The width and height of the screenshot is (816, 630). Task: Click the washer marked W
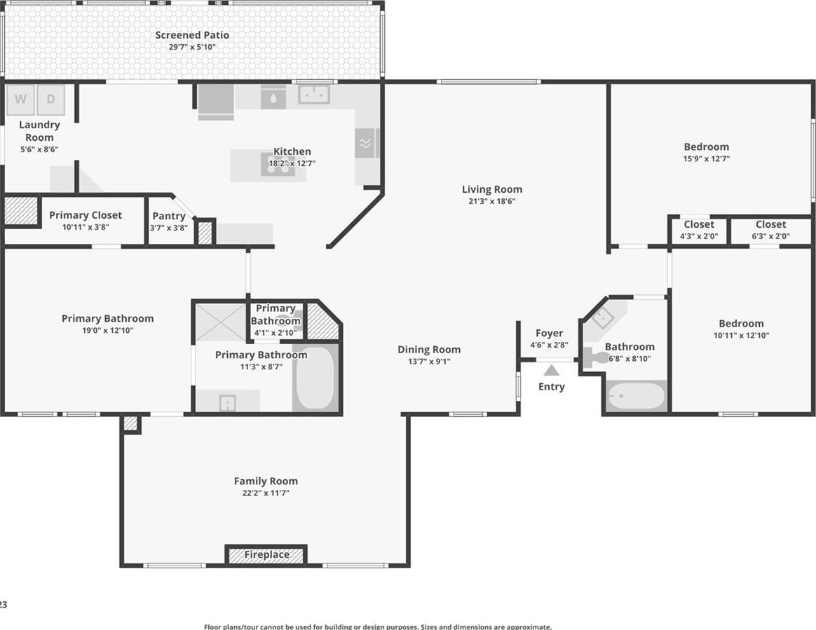(20, 100)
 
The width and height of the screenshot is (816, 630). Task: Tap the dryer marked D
(50, 100)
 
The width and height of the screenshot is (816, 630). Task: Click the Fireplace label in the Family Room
(266, 554)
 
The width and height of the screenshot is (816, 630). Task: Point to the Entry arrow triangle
(552, 371)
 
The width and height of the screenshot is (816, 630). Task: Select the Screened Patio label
(192, 35)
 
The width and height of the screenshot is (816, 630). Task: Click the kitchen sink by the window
(314, 95)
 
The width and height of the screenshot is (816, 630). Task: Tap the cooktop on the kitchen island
(278, 165)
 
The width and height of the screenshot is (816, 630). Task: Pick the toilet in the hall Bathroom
(597, 357)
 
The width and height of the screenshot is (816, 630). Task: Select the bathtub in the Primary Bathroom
(315, 377)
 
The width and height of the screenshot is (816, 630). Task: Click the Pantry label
(169, 216)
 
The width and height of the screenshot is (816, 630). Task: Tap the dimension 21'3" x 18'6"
(492, 201)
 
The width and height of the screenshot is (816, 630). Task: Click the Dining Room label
(429, 350)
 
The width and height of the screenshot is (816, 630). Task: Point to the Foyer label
(549, 333)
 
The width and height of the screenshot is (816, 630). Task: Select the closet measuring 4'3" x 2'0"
(699, 229)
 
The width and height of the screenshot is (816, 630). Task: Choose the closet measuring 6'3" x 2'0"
(770, 229)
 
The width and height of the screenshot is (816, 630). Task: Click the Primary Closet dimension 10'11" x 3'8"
(86, 227)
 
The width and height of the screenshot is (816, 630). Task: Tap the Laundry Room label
(39, 131)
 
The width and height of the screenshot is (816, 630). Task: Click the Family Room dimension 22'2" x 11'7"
(266, 493)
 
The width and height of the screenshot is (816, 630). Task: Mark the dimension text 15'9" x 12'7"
(706, 158)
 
